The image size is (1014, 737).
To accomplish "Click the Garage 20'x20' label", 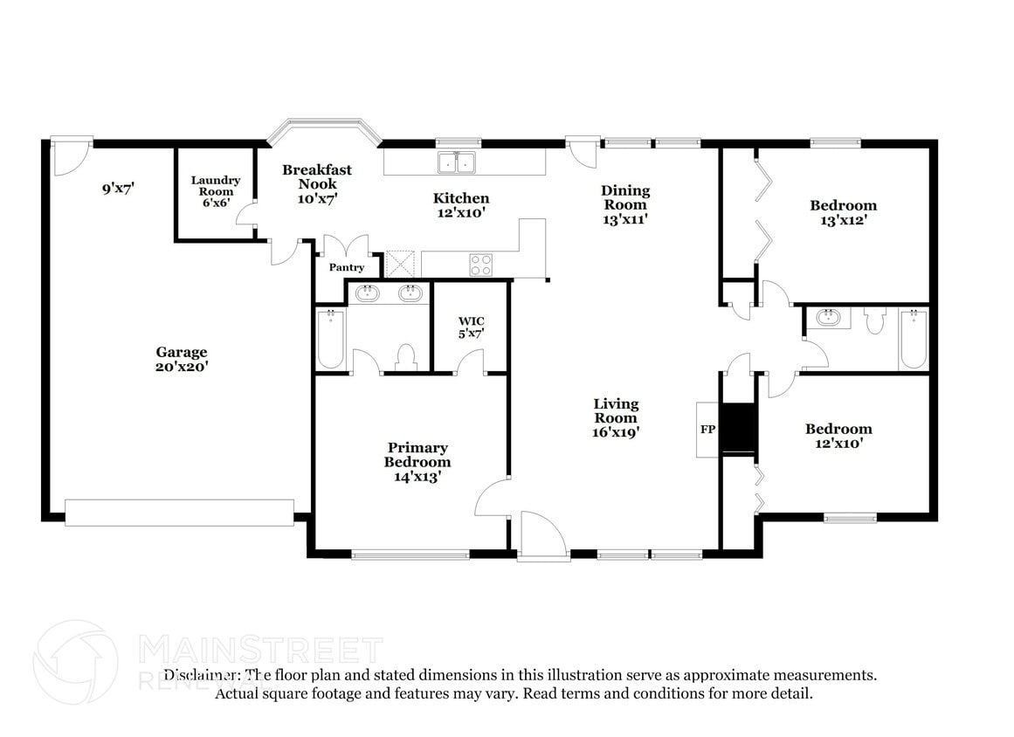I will (x=182, y=359).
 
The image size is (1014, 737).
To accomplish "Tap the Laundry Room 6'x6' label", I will (x=216, y=191).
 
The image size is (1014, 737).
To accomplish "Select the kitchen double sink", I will (x=457, y=162).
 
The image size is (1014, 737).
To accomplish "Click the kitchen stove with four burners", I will (x=480, y=265).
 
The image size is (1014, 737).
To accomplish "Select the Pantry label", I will (x=346, y=267).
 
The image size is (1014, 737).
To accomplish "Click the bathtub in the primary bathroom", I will (x=331, y=339).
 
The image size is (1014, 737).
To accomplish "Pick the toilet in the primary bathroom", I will (x=405, y=356).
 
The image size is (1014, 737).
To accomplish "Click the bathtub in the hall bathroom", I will (x=913, y=339).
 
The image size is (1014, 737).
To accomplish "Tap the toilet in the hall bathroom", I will (x=874, y=322).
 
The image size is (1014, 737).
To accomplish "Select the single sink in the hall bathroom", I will (x=827, y=318).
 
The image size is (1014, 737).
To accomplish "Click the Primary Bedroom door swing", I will (x=493, y=499).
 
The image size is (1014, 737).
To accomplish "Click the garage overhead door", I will (x=179, y=513).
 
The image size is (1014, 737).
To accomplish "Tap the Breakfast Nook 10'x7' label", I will (x=316, y=183).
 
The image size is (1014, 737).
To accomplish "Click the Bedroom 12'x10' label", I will (x=838, y=435).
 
